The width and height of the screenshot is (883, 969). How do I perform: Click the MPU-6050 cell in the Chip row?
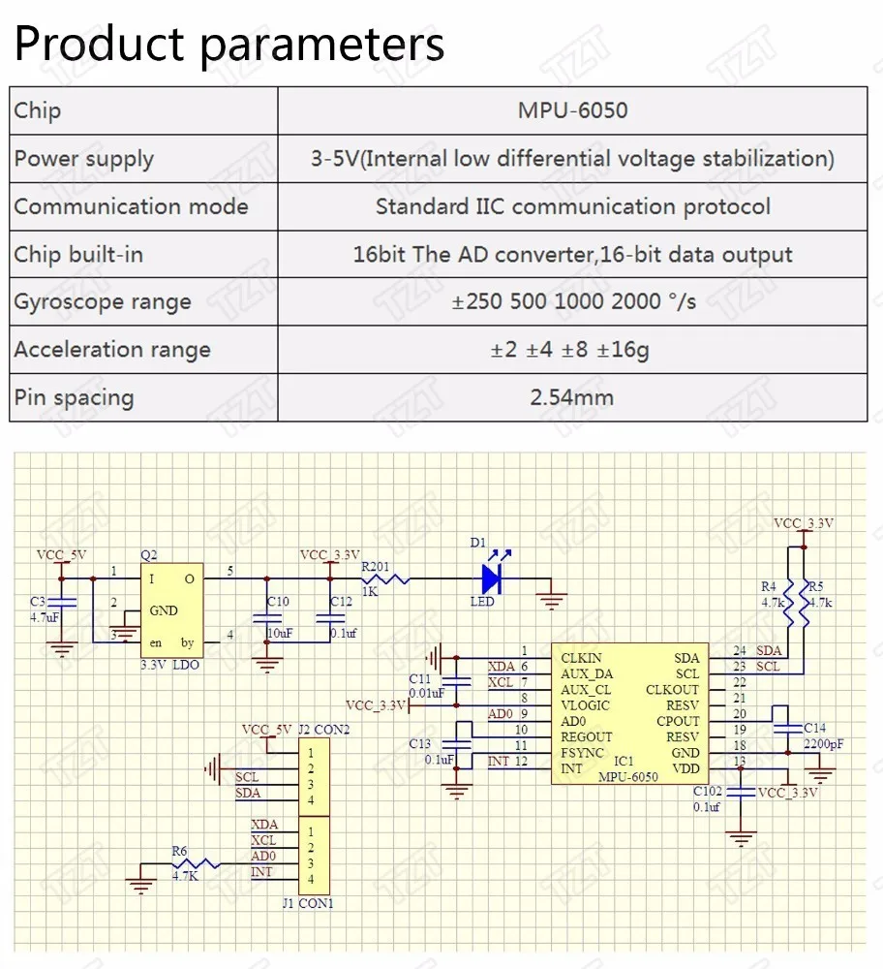pos(572,110)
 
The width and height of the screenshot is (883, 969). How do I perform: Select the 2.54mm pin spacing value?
pos(572,397)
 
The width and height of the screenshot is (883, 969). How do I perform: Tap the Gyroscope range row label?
pos(103,301)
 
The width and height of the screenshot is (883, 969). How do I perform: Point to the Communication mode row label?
pos(131,206)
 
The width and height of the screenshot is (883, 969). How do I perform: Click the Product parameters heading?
pos(229,44)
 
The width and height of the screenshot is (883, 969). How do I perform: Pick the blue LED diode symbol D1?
pos(491,578)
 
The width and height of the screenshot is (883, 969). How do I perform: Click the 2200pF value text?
pos(822,744)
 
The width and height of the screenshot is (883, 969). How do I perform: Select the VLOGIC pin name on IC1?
pos(585,705)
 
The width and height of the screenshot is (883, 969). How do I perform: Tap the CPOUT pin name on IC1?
pos(678,721)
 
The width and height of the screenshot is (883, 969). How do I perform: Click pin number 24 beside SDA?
pos(740,650)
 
